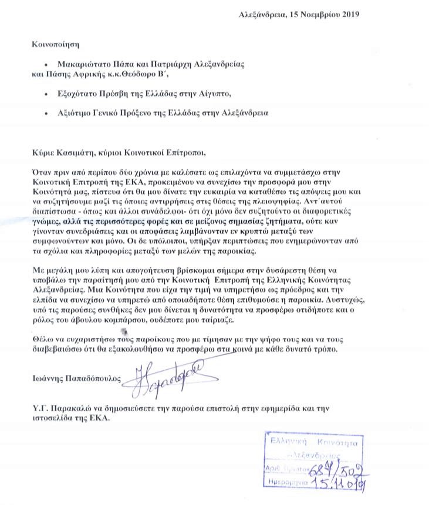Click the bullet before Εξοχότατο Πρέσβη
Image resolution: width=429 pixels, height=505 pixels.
point(46,93)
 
